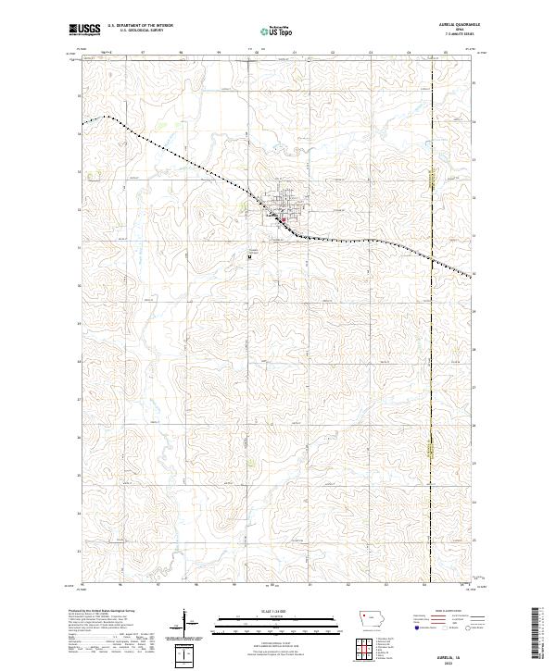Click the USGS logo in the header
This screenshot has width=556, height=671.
click(x=86, y=31)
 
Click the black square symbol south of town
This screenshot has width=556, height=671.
click(x=250, y=257)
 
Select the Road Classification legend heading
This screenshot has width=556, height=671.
click(x=440, y=613)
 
